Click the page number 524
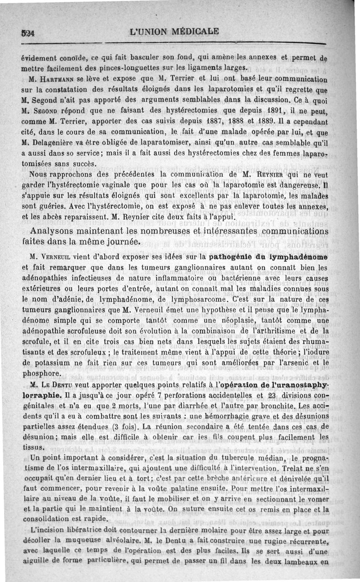[x=31, y=33]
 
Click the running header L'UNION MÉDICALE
[x=174, y=32]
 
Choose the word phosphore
[x=41, y=373]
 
